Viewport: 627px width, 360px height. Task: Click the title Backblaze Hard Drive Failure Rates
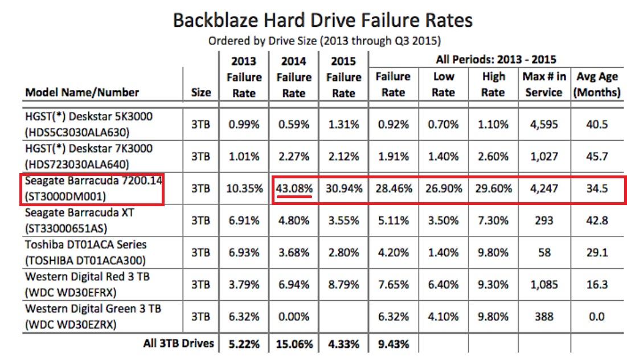pyautogui.click(x=322, y=21)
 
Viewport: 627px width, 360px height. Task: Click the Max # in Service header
pyautogui.click(x=543, y=84)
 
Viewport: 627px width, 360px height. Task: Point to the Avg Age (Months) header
pyautogui.click(x=597, y=84)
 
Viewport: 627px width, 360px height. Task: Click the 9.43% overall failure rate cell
pyautogui.click(x=393, y=345)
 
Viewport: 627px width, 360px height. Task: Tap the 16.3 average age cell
pyautogui.click(x=596, y=284)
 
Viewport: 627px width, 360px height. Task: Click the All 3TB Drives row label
pyautogui.click(x=179, y=343)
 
